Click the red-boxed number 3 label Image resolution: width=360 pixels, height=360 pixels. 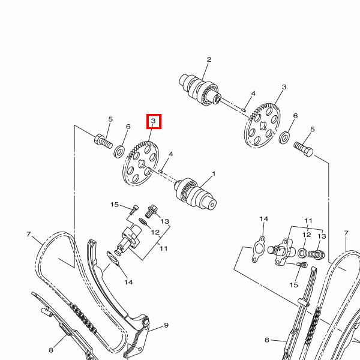click(153, 121)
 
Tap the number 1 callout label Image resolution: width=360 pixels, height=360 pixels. click(214, 174)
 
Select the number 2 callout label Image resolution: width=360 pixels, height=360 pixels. click(209, 59)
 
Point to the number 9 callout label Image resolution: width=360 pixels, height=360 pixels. click(166, 325)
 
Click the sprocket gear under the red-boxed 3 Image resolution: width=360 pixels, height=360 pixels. click(140, 163)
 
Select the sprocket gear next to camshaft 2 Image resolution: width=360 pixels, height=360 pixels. click(262, 125)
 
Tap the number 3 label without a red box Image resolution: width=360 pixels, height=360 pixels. click(284, 87)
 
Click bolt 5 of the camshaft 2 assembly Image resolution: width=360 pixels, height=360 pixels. click(304, 149)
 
